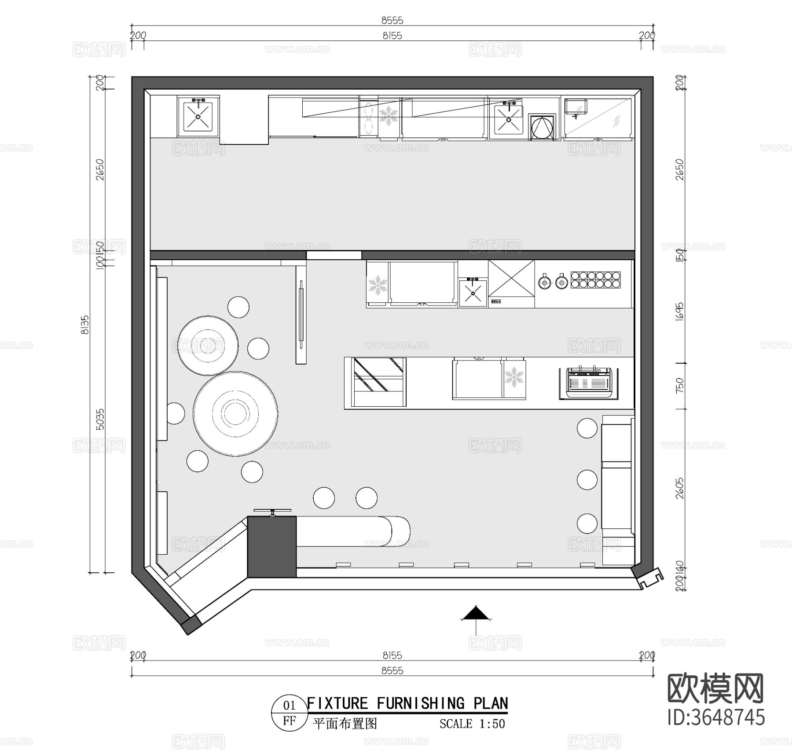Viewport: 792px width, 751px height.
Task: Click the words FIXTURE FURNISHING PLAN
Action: pos(407,703)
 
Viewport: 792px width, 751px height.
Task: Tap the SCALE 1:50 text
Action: pos(472,724)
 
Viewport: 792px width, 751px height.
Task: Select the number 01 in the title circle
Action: pos(289,706)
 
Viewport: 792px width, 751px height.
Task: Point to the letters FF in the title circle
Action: pos(289,721)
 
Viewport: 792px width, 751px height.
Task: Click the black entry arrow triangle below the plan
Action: pos(476,613)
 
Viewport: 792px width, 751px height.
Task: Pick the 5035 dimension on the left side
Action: pos(100,419)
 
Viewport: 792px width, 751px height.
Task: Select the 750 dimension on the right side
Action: pos(680,386)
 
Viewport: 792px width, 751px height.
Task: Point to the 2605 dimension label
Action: pos(680,488)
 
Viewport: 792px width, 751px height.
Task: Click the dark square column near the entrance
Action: pos(272,547)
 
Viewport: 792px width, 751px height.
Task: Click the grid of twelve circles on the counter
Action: pos(597,280)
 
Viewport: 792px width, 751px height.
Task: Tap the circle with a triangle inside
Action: pos(542,128)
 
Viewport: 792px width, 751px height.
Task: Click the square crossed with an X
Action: pos(511,278)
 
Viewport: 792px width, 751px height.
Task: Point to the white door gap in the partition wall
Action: pos(334,255)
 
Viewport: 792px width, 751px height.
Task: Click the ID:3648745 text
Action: pos(716,730)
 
